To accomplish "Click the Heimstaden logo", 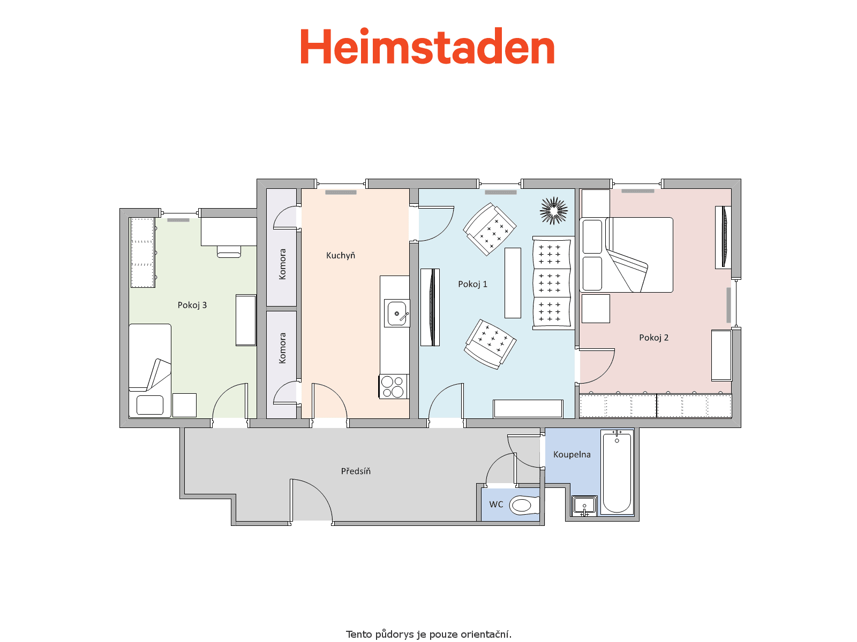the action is tap(427, 46).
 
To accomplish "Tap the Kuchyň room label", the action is tap(341, 255).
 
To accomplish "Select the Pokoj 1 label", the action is tap(472, 284).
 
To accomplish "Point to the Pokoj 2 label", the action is tap(653, 338).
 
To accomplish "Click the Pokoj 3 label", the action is tap(192, 305).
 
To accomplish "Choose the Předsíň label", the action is tap(356, 471).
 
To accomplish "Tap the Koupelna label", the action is tap(572, 455).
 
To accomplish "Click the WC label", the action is tap(496, 505).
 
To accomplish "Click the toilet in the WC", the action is tap(524, 505).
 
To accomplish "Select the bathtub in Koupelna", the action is tap(617, 472).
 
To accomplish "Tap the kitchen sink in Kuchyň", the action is tap(397, 313).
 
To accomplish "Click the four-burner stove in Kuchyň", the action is tap(393, 386).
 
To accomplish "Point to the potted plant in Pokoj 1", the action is tap(554, 210).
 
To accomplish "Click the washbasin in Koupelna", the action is tap(584, 506).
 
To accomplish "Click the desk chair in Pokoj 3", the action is tap(229, 252).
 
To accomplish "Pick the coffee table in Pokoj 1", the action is tap(513, 283).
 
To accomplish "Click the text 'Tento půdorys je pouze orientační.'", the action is tap(428, 634).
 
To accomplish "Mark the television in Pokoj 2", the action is tap(724, 237).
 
